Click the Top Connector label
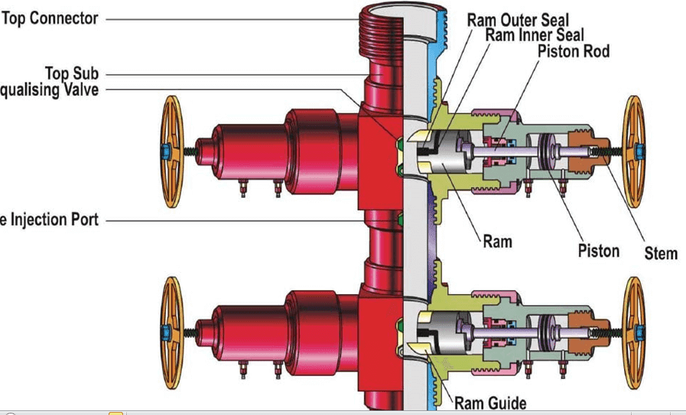coord(50,18)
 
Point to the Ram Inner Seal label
coord(534,35)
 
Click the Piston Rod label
coord(573,51)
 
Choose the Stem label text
coord(660,253)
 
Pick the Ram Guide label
coord(490,402)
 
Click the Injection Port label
coord(49,220)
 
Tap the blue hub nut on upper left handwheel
coord(165,151)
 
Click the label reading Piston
coord(598,251)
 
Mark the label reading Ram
coord(497,242)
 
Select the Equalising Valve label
coord(49,90)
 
